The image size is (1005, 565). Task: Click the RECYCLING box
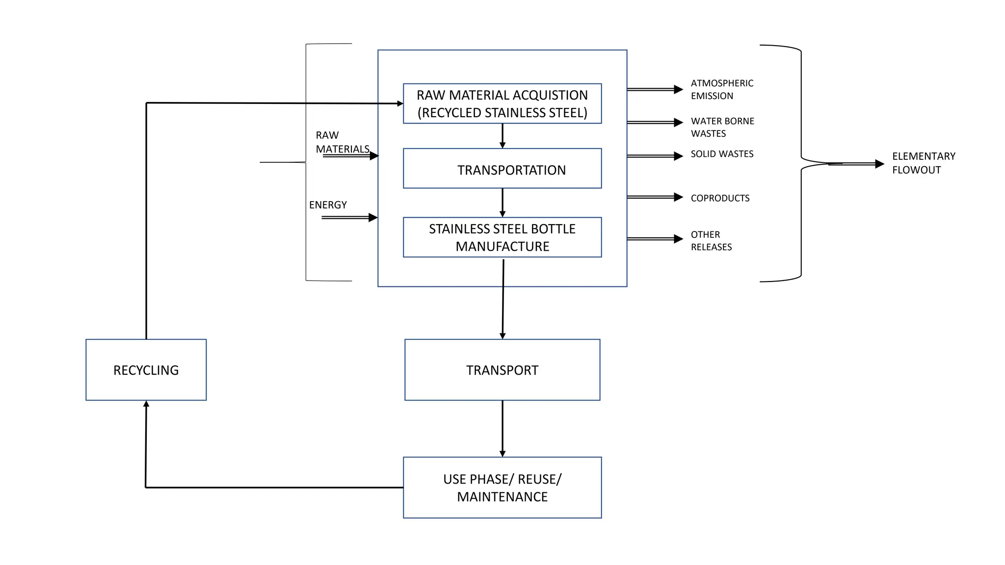point(146,370)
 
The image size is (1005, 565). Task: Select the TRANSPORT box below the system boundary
point(502,370)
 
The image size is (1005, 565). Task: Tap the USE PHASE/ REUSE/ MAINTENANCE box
point(502,488)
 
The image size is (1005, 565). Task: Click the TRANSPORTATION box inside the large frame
point(502,169)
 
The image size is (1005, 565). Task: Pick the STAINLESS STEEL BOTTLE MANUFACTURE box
point(502,237)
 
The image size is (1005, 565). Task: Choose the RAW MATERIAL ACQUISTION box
point(502,103)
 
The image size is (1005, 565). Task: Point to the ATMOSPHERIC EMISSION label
point(721,90)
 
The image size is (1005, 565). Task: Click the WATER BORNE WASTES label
point(722,127)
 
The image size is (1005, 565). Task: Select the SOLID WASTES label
point(722,154)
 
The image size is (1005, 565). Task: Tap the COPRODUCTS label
point(720,198)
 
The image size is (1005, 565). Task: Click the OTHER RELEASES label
point(711,241)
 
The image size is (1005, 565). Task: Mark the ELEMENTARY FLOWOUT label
point(923,163)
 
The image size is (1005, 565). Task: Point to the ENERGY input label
point(328,205)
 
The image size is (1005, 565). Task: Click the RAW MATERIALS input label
point(342,142)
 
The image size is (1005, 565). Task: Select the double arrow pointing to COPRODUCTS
point(655,197)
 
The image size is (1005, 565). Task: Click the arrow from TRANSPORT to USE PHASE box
point(502,429)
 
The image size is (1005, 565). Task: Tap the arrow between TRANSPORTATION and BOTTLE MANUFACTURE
point(502,203)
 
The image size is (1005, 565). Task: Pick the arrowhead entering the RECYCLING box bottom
point(146,404)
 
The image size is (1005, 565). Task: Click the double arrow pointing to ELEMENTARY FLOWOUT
point(856,164)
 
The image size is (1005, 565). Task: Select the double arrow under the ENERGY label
point(349,217)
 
